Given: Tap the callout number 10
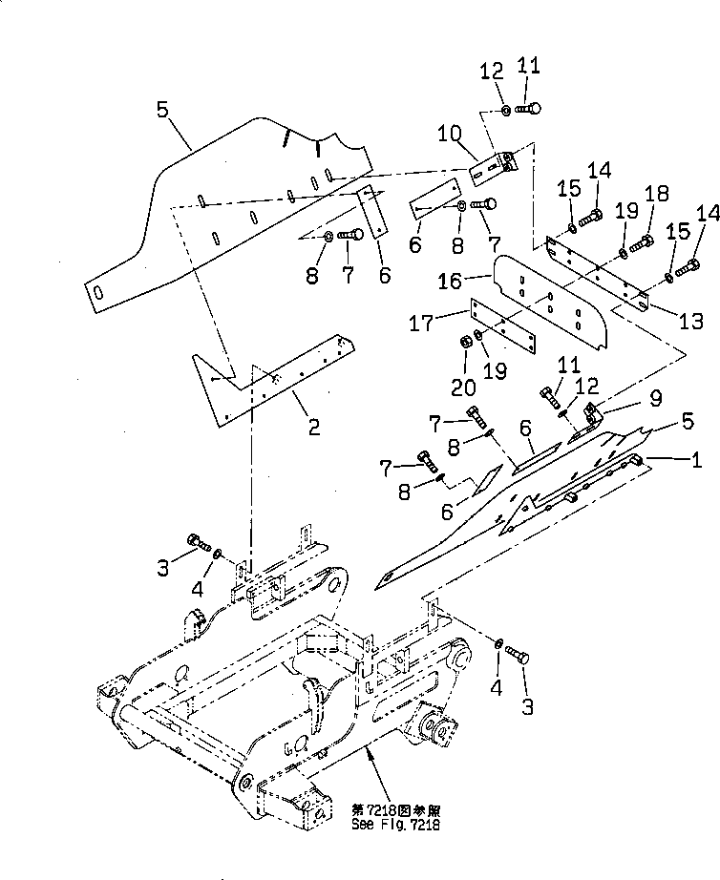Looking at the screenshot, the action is click(450, 135).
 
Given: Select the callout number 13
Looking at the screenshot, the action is click(690, 321).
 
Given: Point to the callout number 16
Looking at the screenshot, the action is click(450, 281).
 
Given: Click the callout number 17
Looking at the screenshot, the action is click(422, 323).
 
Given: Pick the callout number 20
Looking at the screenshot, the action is click(463, 387).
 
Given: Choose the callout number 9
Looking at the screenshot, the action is click(655, 398).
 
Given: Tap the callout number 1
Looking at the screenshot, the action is click(696, 460).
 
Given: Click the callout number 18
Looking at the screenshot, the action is click(657, 193).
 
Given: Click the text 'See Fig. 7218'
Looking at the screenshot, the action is click(395, 825).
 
